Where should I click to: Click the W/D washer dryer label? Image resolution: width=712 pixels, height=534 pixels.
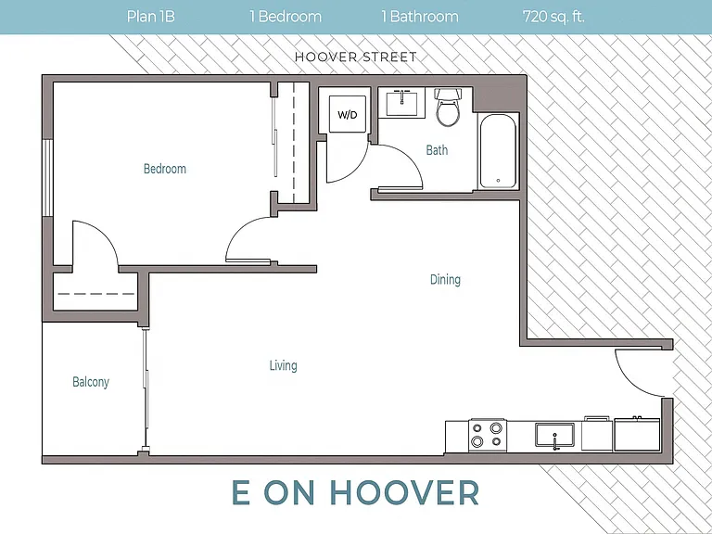(348, 114)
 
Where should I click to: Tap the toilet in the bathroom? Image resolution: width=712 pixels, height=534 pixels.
(448, 108)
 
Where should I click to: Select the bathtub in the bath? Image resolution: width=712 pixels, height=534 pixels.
(498, 151)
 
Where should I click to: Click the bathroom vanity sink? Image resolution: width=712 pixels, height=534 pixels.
(401, 103)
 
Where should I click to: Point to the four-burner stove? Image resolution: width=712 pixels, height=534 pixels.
(488, 435)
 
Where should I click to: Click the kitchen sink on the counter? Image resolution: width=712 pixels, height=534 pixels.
(554, 435)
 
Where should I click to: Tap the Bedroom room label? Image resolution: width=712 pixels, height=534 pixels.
(165, 169)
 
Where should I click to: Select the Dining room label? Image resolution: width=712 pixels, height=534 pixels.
(445, 279)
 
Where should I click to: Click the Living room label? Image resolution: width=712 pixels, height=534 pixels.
(284, 365)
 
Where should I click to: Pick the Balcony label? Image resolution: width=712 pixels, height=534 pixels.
(91, 382)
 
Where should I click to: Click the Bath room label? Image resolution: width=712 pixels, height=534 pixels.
(437, 150)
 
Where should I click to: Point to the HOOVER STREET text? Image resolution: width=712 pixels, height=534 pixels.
(356, 57)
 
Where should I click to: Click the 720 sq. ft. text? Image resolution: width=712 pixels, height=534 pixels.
(553, 17)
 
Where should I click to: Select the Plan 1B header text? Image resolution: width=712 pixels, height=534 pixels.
(151, 17)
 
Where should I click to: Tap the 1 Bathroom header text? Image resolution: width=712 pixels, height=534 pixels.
(420, 17)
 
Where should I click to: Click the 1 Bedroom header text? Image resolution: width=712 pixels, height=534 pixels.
(286, 17)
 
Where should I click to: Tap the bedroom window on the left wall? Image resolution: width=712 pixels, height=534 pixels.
(47, 178)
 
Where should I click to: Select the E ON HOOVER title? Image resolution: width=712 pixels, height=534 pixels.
(356, 492)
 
